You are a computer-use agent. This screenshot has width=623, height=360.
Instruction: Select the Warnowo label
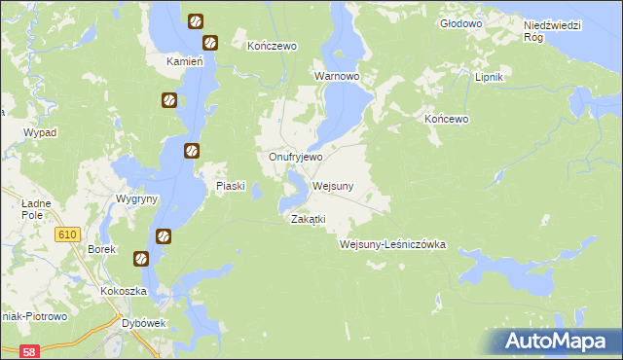(x=337, y=75)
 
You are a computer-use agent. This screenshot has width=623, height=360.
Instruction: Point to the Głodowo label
(x=461, y=22)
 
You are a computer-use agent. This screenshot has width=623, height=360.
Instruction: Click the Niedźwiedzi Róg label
(x=552, y=30)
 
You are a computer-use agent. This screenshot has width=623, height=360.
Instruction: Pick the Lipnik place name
(x=487, y=75)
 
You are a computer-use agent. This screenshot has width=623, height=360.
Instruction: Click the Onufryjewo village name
(x=296, y=156)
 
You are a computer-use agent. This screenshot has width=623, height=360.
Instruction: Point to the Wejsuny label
(x=334, y=185)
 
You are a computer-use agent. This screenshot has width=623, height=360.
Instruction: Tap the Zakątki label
(x=308, y=219)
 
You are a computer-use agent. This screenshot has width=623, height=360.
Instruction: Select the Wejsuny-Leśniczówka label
(x=392, y=245)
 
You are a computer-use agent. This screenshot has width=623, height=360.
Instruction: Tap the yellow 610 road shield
(x=67, y=234)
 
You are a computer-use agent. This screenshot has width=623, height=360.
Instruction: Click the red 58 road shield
(x=30, y=351)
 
